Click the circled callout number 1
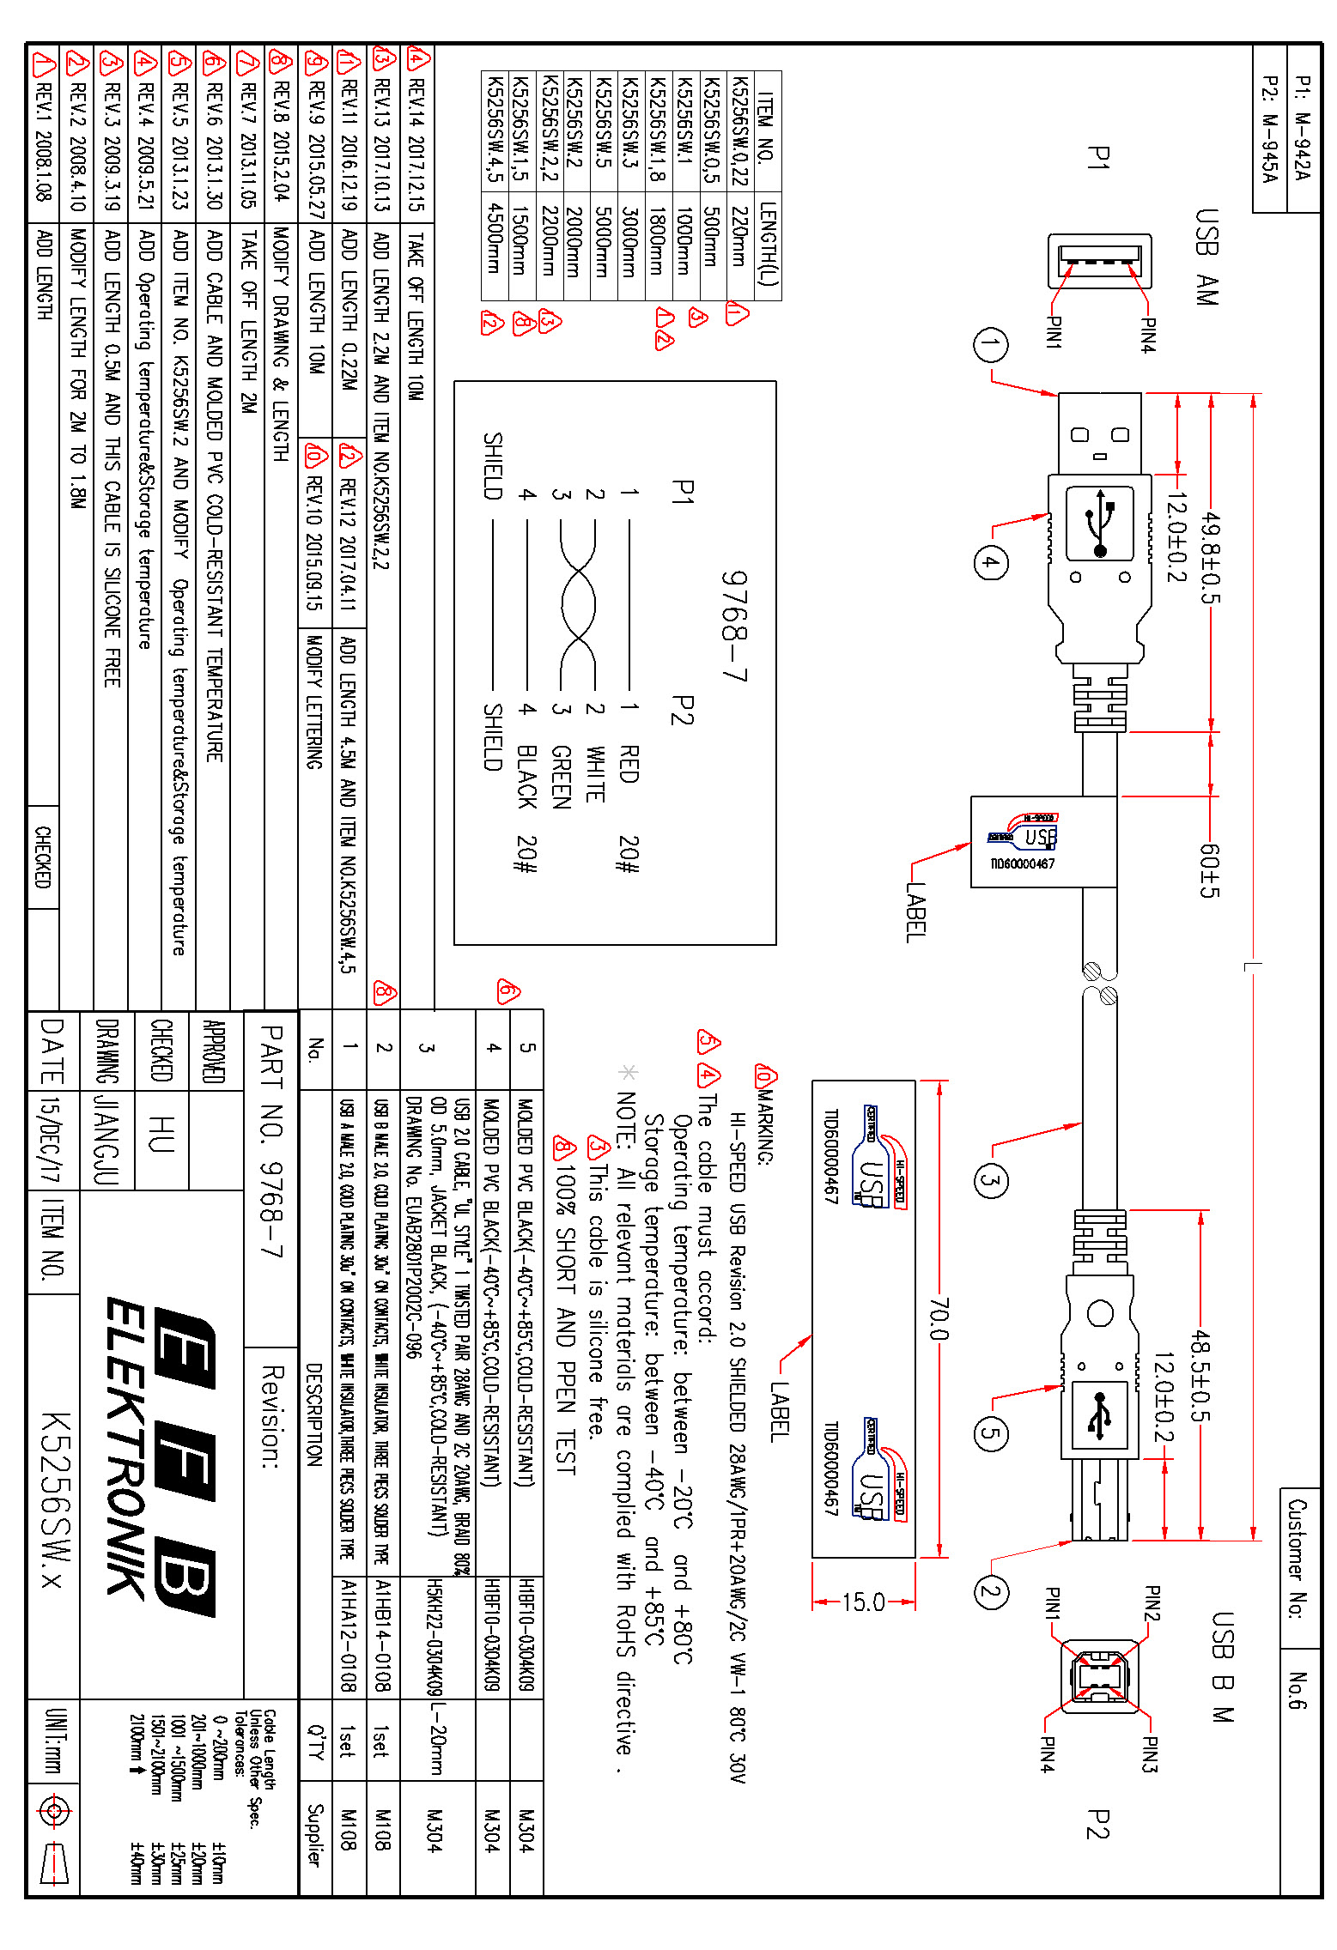point(990,345)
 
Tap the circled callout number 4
point(990,563)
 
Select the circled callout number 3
point(990,1180)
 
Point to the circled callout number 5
point(990,1432)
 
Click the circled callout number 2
point(990,1593)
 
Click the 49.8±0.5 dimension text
point(1209,558)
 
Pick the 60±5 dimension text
point(1209,870)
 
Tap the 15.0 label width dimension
point(863,1602)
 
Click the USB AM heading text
point(1206,257)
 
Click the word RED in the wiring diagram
point(629,764)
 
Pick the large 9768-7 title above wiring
point(734,627)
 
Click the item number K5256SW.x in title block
point(53,1499)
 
